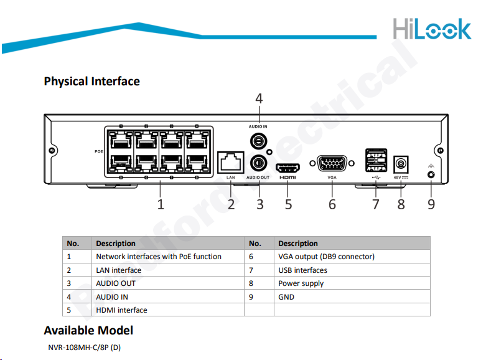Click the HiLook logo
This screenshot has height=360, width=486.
point(432,28)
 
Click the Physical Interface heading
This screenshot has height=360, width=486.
point(91,81)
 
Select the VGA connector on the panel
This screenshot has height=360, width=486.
point(332,164)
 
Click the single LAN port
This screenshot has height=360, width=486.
point(230,161)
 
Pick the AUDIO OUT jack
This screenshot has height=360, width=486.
point(258,164)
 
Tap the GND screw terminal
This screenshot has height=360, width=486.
point(431,175)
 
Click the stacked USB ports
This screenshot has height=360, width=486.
point(375,160)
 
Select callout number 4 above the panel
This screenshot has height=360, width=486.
point(259,98)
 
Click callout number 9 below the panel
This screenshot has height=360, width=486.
point(431,204)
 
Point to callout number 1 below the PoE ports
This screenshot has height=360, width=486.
point(161,204)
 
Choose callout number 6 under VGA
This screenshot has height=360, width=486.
point(332,204)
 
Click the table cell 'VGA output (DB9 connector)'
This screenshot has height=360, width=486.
point(326,257)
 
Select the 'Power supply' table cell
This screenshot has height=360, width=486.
point(301,283)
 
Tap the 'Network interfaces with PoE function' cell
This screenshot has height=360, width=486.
point(159,257)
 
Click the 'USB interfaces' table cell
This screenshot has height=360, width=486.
point(302,270)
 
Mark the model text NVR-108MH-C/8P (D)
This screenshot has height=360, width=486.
point(85,347)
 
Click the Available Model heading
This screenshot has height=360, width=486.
point(88,330)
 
